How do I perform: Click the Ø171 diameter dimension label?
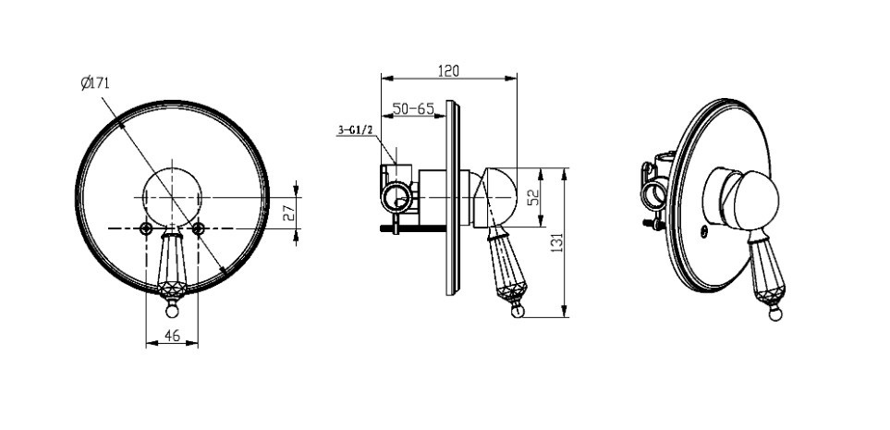pyautogui.click(x=95, y=84)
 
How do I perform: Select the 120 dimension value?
pyautogui.click(x=448, y=71)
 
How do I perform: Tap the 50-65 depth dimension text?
pyautogui.click(x=413, y=108)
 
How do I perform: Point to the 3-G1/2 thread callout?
pyautogui.click(x=355, y=130)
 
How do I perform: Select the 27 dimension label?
pyautogui.click(x=289, y=212)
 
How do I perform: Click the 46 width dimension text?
pyautogui.click(x=172, y=336)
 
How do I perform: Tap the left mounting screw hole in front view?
pyautogui.click(x=146, y=228)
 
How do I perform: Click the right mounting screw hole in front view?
pyautogui.click(x=198, y=228)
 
